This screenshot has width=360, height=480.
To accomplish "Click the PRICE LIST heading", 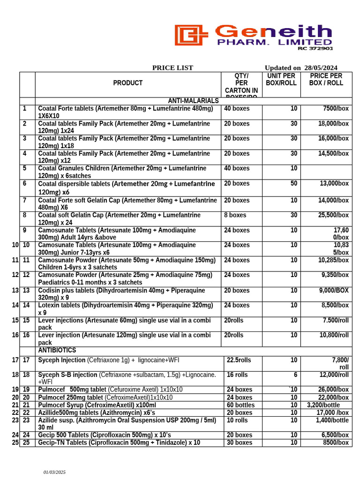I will pyautogui.click(x=172, y=68).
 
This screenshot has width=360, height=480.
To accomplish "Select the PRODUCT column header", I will pyautogui.click(x=127, y=83).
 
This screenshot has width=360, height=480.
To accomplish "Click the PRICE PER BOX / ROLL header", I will pyautogui.click(x=326, y=79).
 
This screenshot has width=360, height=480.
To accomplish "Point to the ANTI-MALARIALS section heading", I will pyautogui.click(x=193, y=101).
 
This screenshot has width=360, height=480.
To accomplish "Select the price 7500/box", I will pyautogui.click(x=336, y=109).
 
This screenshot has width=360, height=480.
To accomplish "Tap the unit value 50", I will pyautogui.click(x=293, y=184).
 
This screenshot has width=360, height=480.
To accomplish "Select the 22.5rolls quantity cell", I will pyautogui.click(x=239, y=360).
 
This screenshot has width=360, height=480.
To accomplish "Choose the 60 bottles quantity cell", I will pyautogui.click(x=240, y=405).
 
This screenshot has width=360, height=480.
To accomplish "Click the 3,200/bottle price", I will pyautogui.click(x=323, y=405).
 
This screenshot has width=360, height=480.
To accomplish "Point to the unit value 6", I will pyautogui.click(x=295, y=375).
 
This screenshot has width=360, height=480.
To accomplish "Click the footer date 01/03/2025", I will pyautogui.click(x=55, y=472).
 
